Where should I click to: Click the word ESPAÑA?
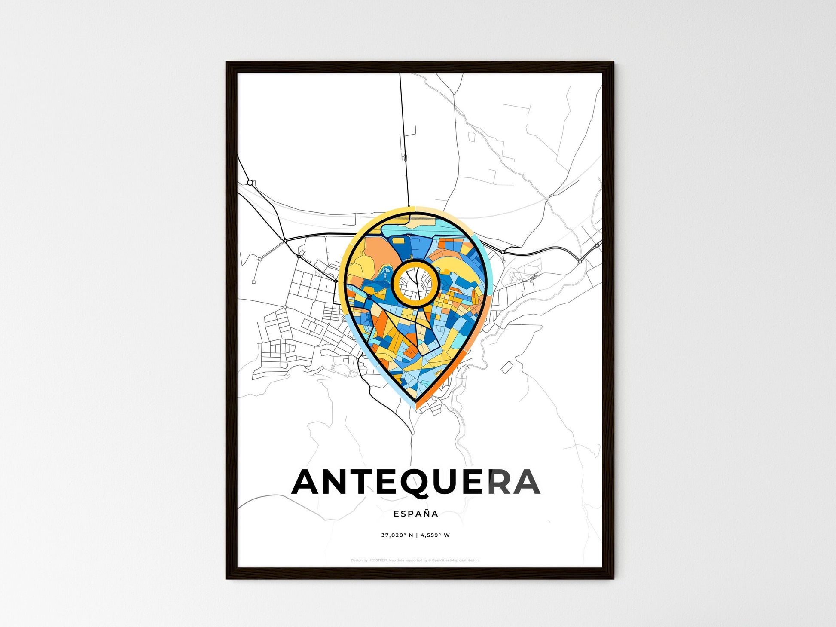pyautogui.click(x=416, y=514)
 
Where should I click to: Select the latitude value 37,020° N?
pyautogui.click(x=397, y=535)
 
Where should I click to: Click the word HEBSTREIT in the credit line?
pyautogui.click(x=378, y=560)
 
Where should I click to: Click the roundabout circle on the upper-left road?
pyautogui.click(x=250, y=183)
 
